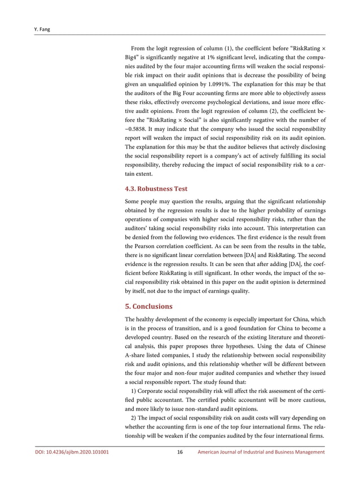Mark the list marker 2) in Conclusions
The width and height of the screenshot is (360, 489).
tap(134, 418)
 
